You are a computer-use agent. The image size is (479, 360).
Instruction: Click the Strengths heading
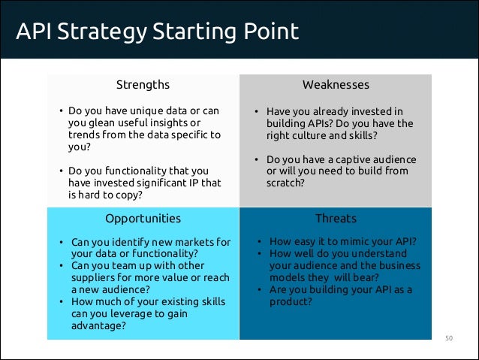tap(143, 84)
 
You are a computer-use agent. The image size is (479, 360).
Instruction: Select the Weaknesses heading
tap(336, 84)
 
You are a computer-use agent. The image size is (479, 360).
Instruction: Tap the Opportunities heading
tap(143, 219)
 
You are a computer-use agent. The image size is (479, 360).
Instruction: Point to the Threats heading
tap(336, 219)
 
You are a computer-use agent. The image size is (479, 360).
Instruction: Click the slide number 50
tap(450, 339)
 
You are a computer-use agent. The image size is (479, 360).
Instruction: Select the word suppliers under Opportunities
tap(94, 278)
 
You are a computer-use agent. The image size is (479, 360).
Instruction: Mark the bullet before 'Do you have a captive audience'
tap(255, 159)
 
